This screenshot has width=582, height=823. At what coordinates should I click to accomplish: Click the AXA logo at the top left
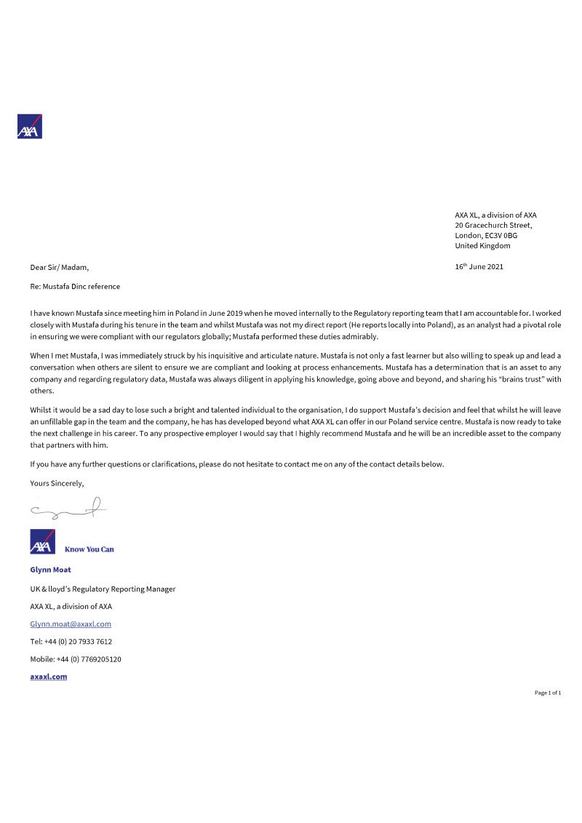click(x=30, y=127)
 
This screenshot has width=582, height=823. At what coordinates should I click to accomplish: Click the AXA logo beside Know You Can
click(x=42, y=542)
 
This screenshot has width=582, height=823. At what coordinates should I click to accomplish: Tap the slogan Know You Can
click(x=89, y=549)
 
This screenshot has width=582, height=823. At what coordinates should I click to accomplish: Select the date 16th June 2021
click(x=479, y=266)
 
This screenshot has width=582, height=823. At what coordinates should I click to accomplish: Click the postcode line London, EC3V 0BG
click(x=486, y=235)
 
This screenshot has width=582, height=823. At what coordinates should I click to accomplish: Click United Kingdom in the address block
click(x=482, y=245)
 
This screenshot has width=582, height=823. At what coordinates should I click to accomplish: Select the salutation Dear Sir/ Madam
click(x=59, y=267)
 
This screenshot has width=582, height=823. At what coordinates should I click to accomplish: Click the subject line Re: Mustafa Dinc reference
click(x=75, y=287)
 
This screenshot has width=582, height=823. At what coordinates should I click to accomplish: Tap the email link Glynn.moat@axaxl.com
click(x=71, y=624)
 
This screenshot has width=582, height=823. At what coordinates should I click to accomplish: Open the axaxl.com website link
click(x=49, y=676)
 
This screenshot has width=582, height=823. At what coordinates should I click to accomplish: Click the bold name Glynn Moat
click(x=50, y=570)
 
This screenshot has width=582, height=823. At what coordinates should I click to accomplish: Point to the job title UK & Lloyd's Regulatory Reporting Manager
click(x=103, y=589)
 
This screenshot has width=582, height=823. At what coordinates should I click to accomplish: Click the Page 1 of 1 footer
click(x=547, y=693)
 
